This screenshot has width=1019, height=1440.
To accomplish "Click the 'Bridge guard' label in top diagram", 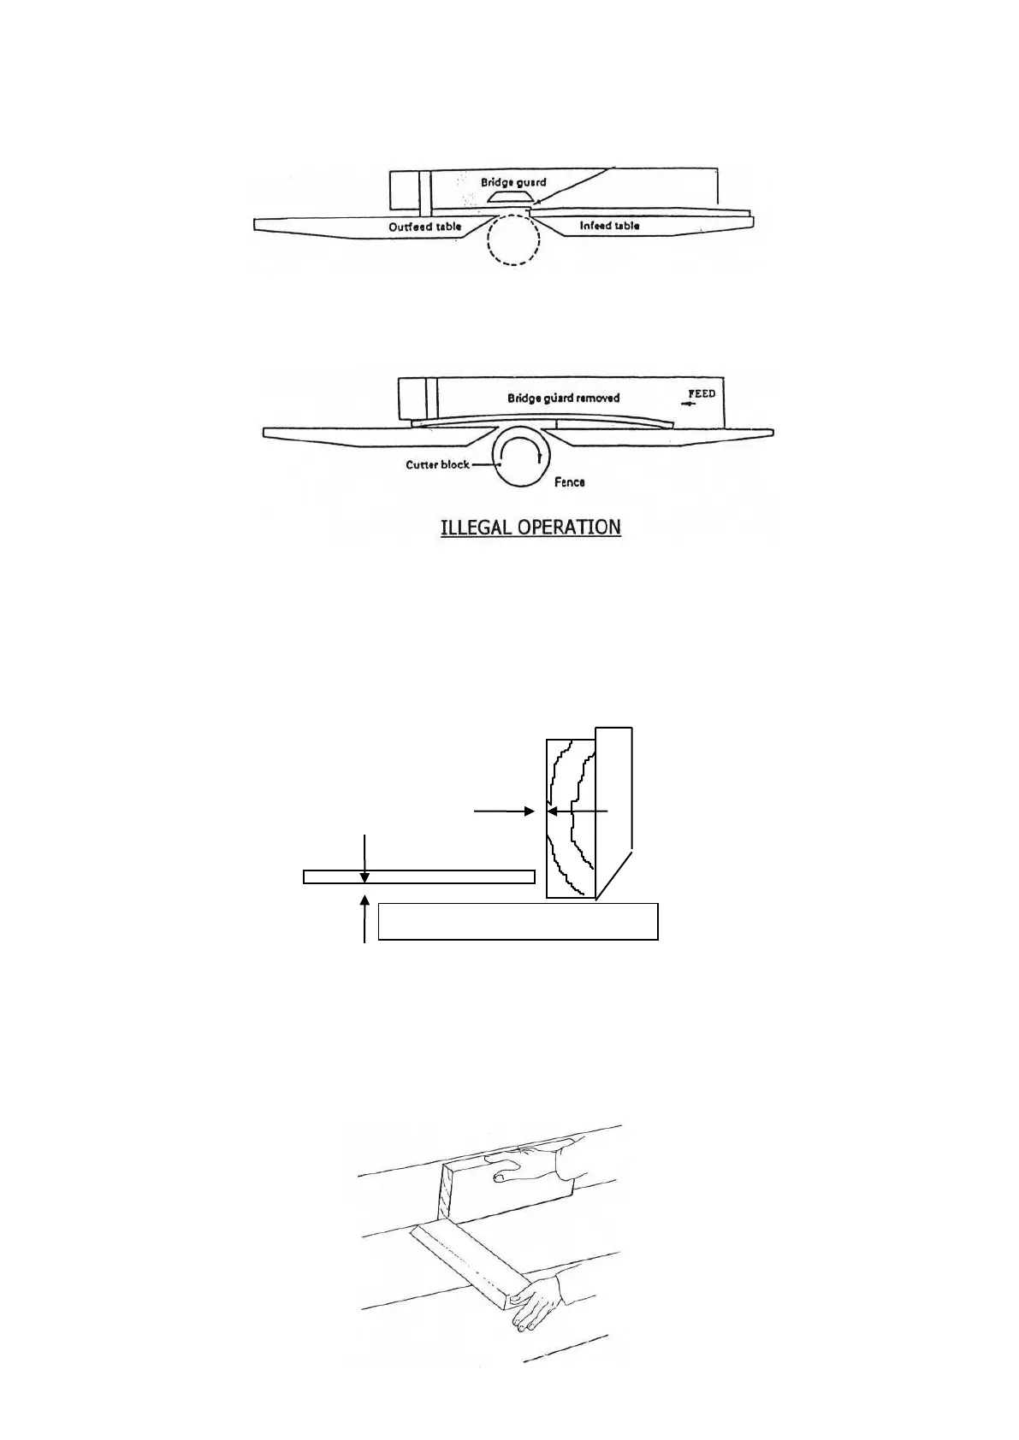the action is point(512,182).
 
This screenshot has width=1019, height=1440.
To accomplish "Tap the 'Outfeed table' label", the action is point(424,227).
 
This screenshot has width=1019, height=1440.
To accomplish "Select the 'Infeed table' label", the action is point(609,226).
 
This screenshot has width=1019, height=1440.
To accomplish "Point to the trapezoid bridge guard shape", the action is point(512,197).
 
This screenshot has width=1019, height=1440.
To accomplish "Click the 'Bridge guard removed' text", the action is point(563,398).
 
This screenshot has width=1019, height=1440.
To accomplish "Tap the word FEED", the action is point(702,393).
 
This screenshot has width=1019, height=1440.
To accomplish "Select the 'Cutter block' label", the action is point(436,465).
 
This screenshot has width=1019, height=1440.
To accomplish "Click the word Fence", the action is point(569,482).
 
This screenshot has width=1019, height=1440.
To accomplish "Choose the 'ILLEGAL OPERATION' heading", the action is point(530,527).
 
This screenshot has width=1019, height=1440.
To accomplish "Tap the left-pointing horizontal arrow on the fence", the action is point(578,811).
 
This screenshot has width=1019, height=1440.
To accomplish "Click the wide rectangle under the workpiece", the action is point(518,921).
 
